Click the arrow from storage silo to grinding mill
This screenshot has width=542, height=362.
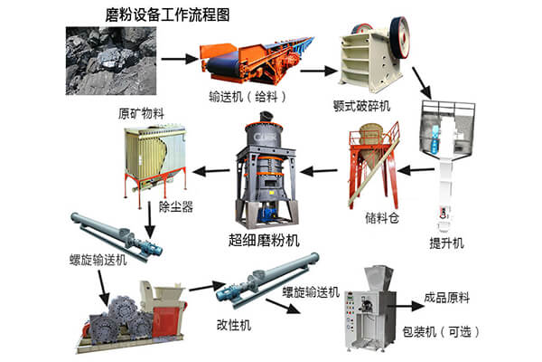point(317,167)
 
